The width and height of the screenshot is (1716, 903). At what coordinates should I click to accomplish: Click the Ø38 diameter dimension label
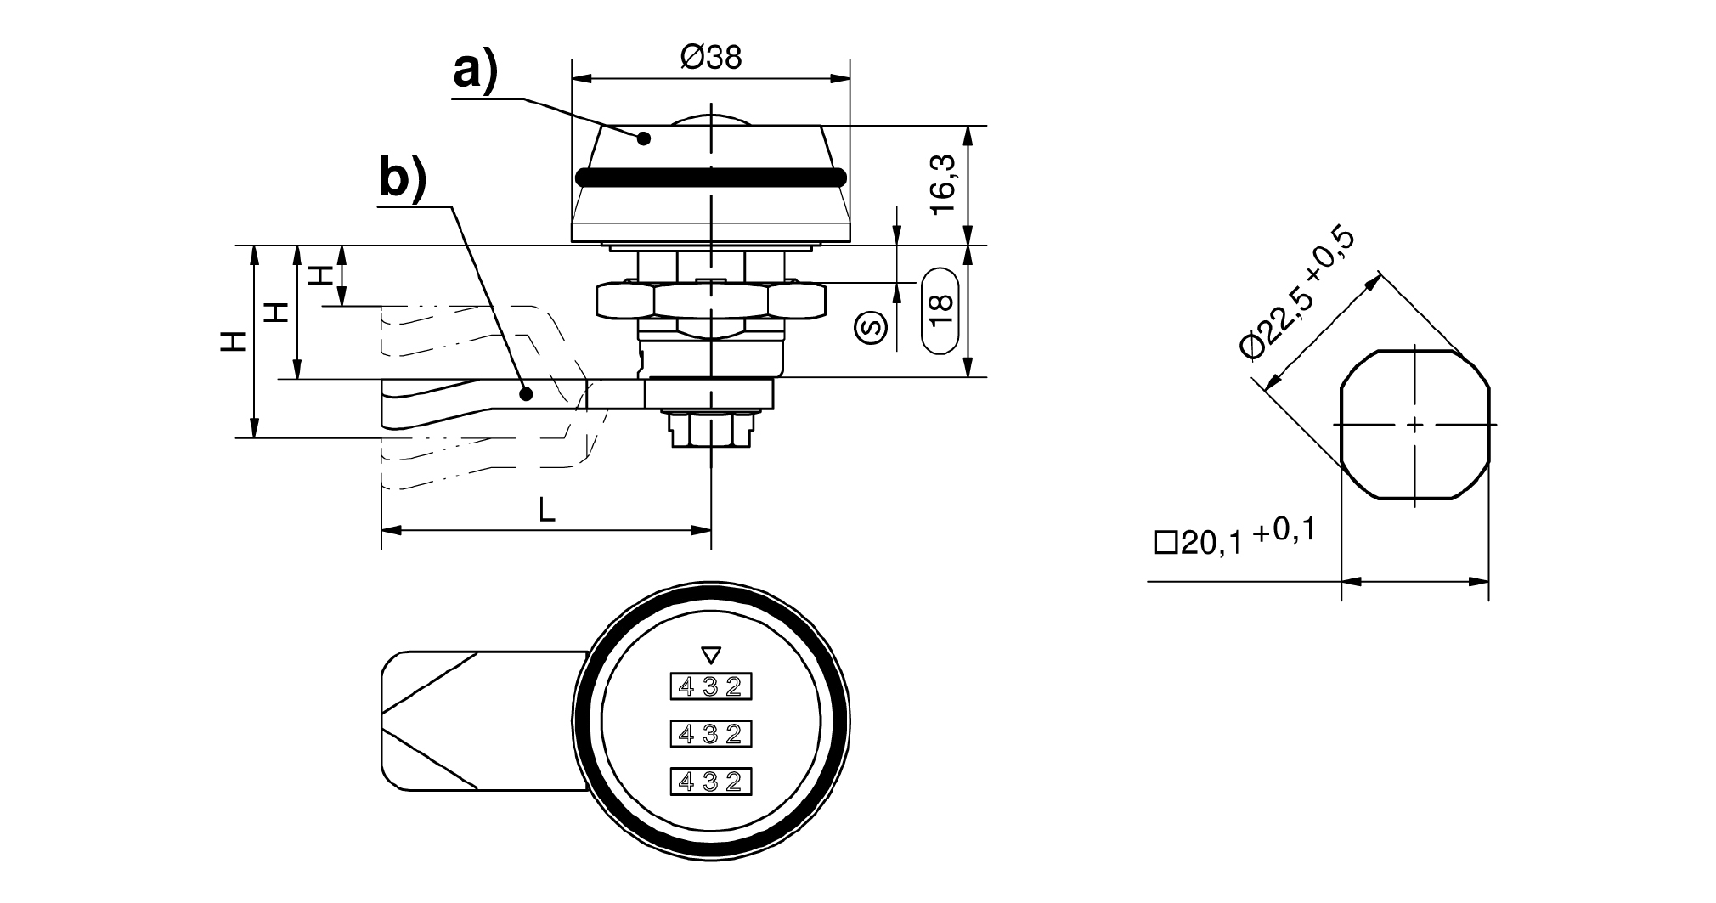pos(711,58)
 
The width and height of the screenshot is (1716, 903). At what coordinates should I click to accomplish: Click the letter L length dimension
pos(548,510)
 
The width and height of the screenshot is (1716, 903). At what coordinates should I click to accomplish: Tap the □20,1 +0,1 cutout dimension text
pos(1235,538)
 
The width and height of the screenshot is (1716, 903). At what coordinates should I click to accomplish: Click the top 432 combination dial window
pos(711,686)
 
